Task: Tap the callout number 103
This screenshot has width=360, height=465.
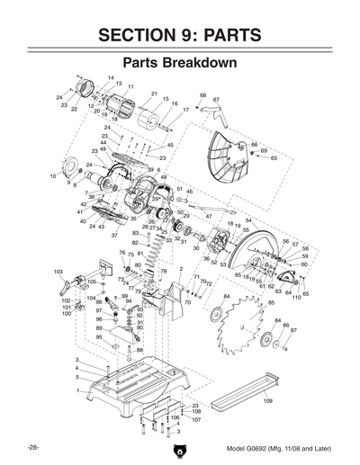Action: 58,271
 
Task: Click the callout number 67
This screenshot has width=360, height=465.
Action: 217,100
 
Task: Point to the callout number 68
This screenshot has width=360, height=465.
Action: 203,94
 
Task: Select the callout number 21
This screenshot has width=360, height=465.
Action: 155,94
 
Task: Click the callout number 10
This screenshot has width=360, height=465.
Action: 53,177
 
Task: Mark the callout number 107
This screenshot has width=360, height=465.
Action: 196,420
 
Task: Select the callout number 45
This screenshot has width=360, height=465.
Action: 170,145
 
